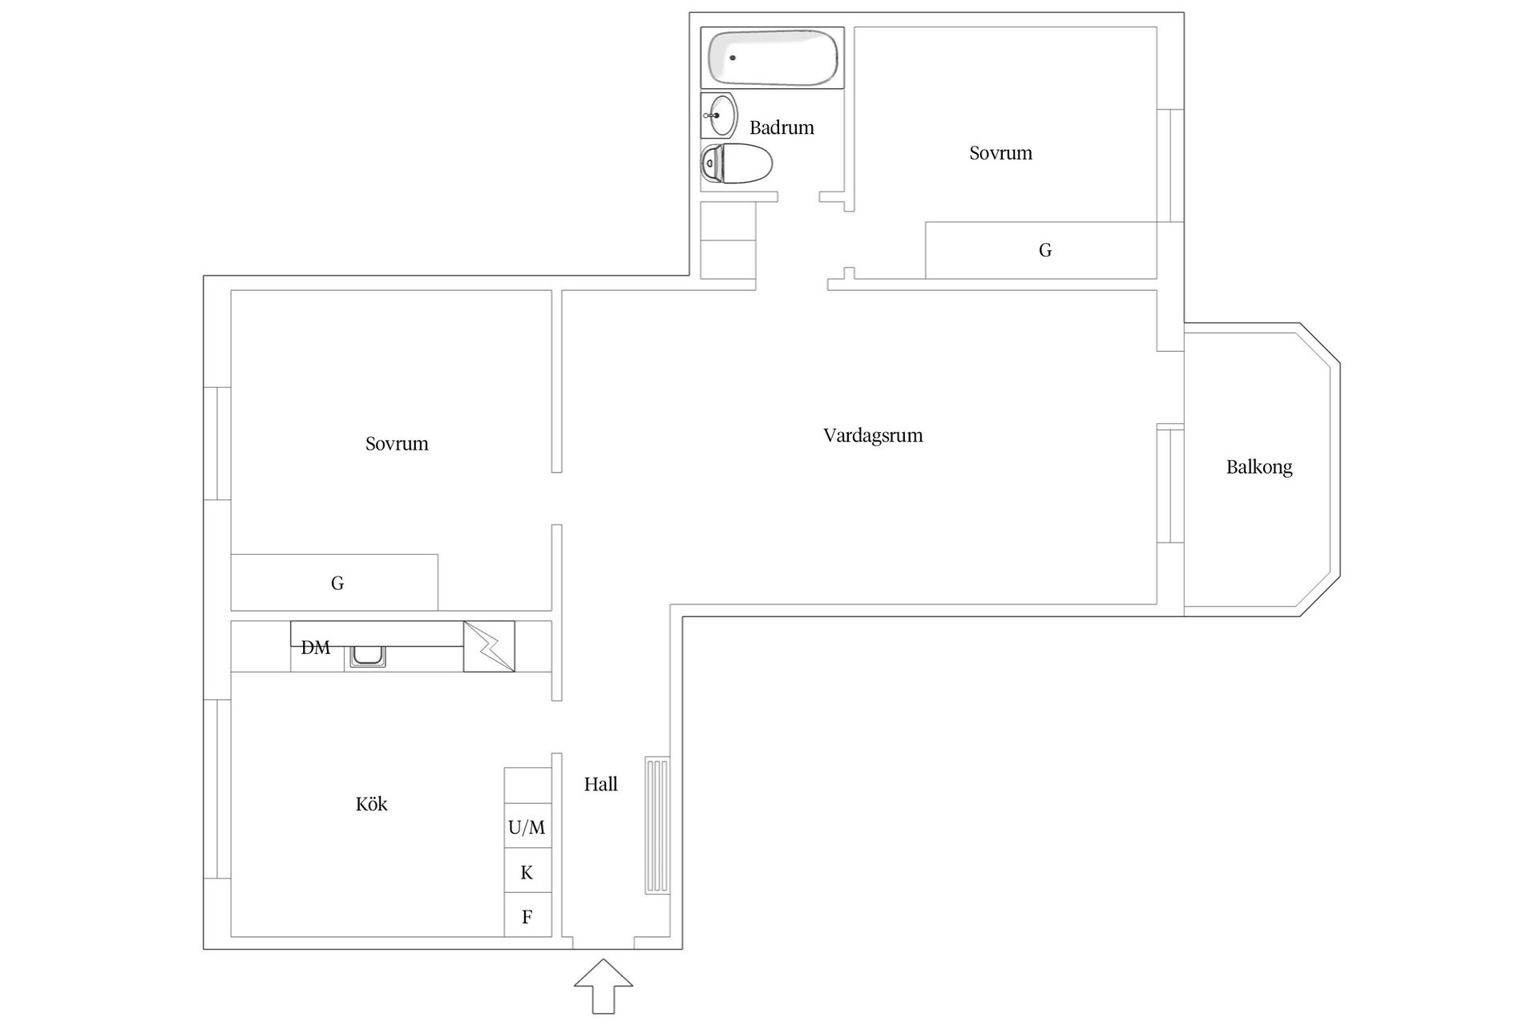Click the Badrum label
(x=782, y=127)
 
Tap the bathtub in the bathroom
(x=773, y=58)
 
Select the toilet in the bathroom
(x=736, y=164)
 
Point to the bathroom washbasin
(x=720, y=115)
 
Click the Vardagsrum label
(x=873, y=436)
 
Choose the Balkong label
(x=1259, y=467)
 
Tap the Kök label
(x=371, y=804)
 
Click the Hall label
(x=600, y=785)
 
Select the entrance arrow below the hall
(x=604, y=986)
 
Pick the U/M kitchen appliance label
(x=527, y=827)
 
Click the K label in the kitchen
(x=527, y=873)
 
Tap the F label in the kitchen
(x=527, y=917)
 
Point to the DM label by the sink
(x=315, y=648)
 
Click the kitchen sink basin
(x=369, y=656)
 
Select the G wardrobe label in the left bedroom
(x=337, y=584)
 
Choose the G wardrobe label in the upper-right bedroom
(x=1045, y=251)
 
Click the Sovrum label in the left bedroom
(x=397, y=444)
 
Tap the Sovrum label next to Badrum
(x=1001, y=153)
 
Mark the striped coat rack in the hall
(x=657, y=826)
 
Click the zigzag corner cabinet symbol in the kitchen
(x=489, y=646)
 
